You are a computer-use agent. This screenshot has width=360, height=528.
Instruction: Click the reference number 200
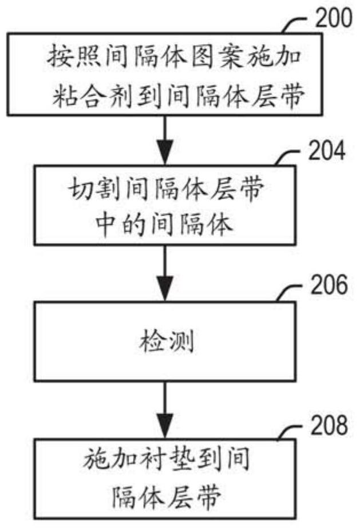334,18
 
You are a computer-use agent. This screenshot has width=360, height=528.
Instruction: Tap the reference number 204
327,150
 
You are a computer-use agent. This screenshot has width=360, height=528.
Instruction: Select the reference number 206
329,284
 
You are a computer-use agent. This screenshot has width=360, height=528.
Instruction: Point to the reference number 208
329,425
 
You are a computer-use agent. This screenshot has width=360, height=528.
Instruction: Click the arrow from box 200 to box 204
165,140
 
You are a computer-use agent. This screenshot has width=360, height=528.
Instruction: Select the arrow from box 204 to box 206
165,273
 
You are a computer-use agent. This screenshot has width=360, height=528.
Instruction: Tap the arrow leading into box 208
165,410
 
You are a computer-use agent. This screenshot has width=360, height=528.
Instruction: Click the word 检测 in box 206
167,341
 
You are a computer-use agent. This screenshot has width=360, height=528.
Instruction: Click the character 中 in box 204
105,224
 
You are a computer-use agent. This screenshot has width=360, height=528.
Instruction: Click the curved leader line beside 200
295,24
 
